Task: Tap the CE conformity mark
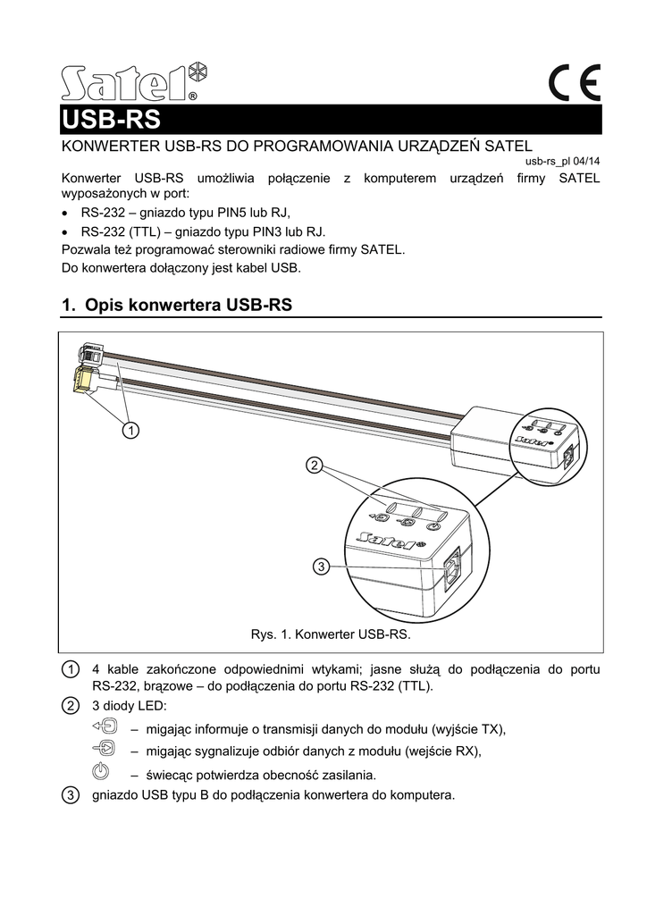[x=575, y=85]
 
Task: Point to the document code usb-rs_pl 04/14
[x=562, y=162]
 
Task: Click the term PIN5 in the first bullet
[x=232, y=212]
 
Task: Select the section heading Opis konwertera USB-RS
[x=177, y=305]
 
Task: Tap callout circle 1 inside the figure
[x=130, y=432]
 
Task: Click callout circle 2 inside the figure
[x=314, y=465]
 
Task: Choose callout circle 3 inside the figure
[x=323, y=566]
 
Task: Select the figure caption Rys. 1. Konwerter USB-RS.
[x=330, y=635]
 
